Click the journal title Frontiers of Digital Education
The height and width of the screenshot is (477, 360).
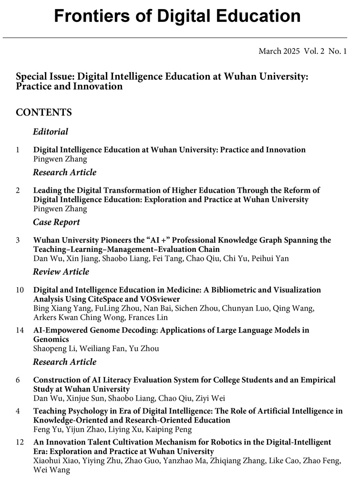(x=177, y=17)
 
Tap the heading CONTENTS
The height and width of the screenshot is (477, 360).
(x=44, y=113)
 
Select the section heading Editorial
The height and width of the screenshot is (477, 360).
(x=51, y=132)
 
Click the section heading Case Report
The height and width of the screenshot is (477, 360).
(x=56, y=222)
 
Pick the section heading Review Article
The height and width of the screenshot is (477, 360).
(x=61, y=272)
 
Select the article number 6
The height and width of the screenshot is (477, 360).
(x=18, y=380)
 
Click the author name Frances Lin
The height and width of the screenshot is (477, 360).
(x=150, y=318)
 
